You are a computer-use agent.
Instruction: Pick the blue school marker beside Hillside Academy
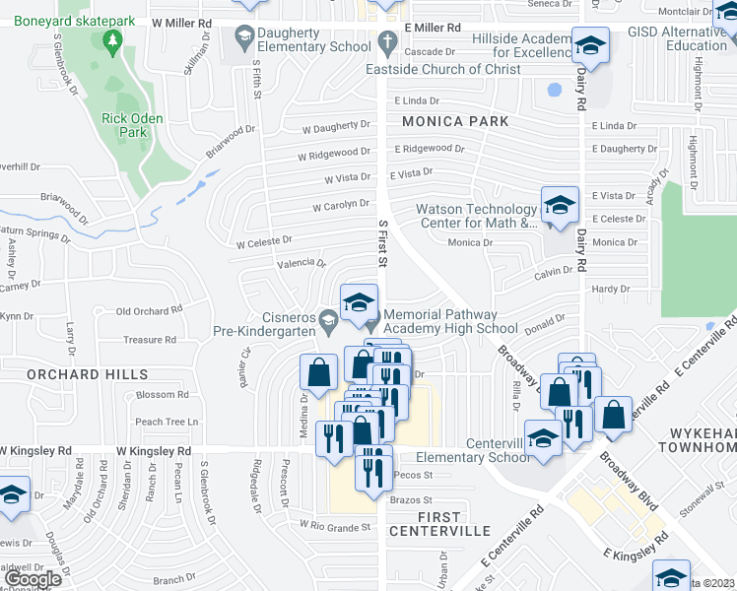click(590, 46)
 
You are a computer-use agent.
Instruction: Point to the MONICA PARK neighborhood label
click(455, 121)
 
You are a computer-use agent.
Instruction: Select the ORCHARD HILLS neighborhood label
click(88, 374)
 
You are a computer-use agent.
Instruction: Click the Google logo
click(33, 578)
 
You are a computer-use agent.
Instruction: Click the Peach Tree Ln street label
click(167, 422)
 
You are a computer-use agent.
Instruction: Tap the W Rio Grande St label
click(336, 526)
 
